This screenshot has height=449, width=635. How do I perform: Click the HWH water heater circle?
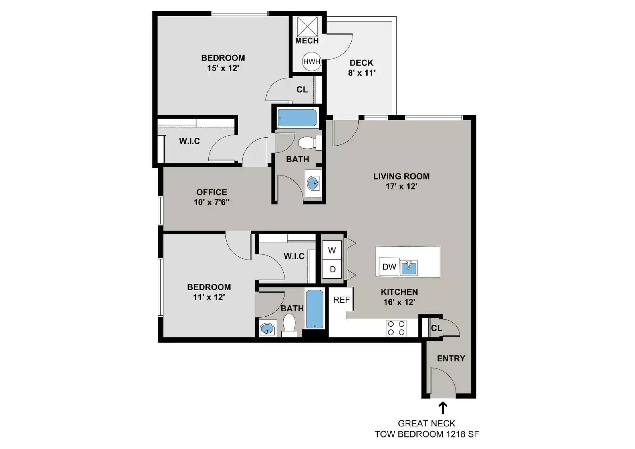312,61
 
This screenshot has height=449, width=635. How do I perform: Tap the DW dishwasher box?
389,267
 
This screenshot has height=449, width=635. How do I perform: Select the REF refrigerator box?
341,300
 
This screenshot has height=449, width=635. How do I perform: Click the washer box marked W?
332,250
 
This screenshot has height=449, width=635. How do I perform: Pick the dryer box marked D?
333,270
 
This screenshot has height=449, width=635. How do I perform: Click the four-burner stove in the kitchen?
396,328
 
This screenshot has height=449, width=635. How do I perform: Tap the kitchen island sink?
409,268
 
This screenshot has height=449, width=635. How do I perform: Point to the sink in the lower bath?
267,330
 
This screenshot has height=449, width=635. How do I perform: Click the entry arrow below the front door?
443,408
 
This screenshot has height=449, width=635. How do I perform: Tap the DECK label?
362,63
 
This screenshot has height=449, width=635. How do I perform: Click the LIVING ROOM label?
401,176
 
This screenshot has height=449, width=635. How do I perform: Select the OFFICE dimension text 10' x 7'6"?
212,202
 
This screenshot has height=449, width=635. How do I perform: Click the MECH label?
307,41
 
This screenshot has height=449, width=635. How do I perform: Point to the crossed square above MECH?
308,26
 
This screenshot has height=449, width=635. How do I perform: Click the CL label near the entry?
437,328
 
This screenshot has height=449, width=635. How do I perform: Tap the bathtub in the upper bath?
297,118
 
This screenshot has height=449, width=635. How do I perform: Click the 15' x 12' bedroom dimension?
223,68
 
